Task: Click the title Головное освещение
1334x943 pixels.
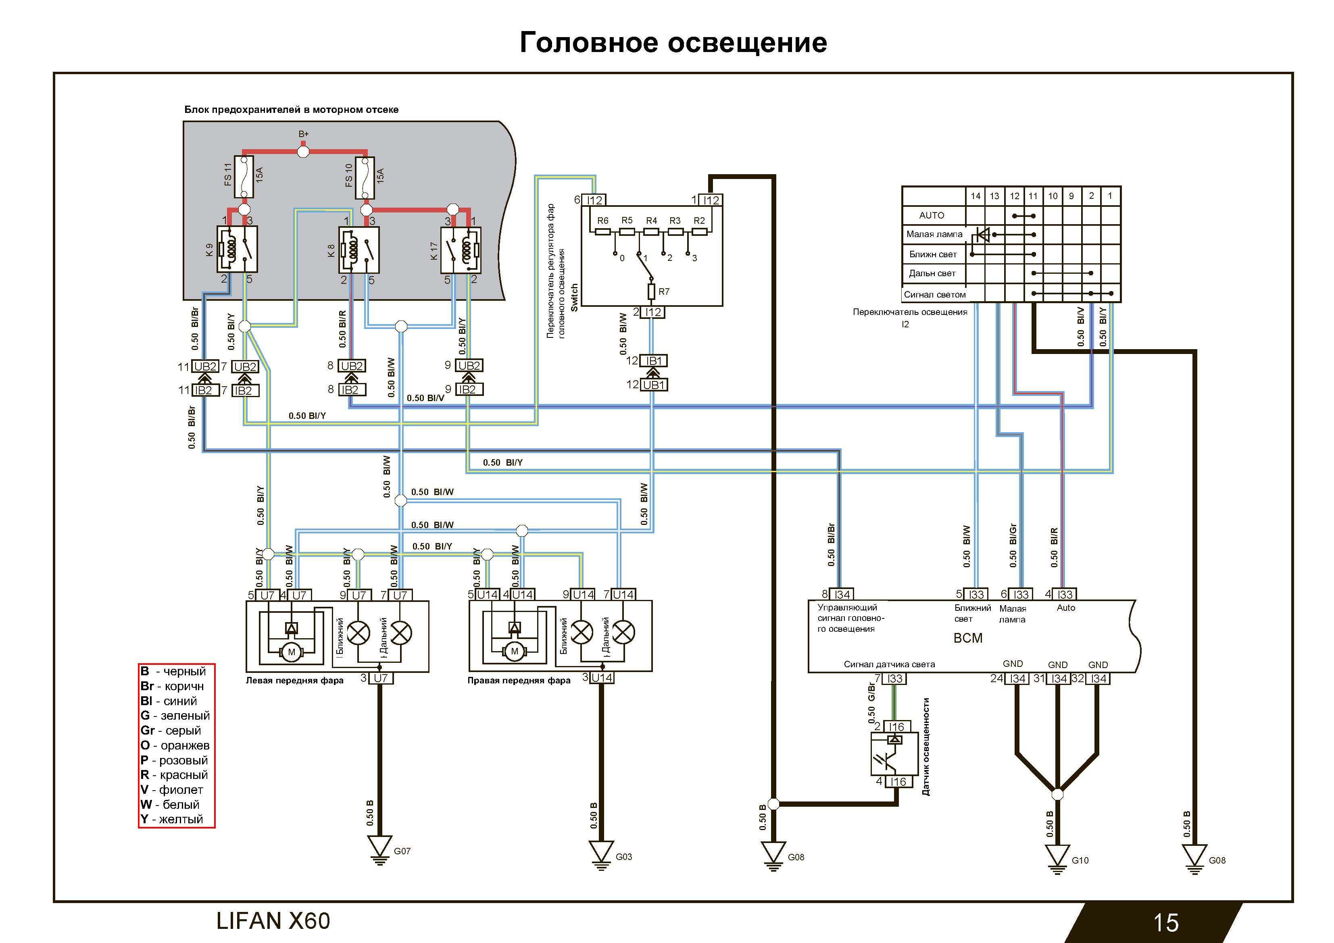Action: pyautogui.click(x=673, y=42)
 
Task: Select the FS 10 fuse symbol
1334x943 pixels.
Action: pyautogui.click(x=365, y=177)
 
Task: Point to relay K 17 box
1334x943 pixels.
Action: pyautogui.click(x=461, y=250)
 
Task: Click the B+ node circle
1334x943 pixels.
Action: pyautogui.click(x=303, y=152)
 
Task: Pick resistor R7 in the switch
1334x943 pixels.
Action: pyautogui.click(x=652, y=291)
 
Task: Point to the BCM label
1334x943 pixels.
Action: pyautogui.click(x=968, y=638)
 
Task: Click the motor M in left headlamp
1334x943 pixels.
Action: pyautogui.click(x=292, y=652)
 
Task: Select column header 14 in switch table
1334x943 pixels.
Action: pyautogui.click(x=975, y=196)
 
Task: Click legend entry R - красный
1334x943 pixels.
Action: pyautogui.click(x=174, y=774)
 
